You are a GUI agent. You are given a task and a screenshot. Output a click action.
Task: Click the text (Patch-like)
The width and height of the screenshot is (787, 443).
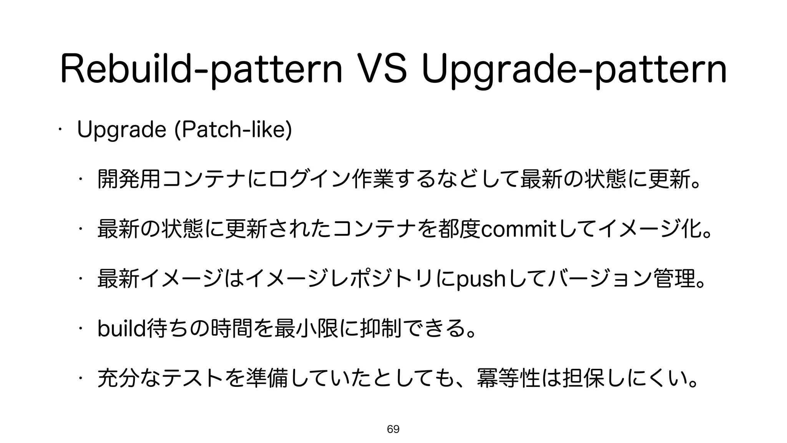[233, 130]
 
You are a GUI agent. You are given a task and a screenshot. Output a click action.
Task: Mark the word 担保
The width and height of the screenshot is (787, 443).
[583, 379]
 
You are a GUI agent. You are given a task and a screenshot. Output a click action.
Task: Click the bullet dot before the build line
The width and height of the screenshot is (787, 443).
[80, 330]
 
